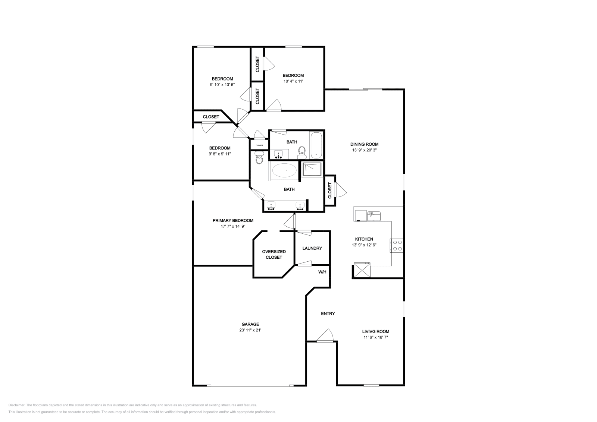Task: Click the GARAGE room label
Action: click(250, 324)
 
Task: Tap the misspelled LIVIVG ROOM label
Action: click(375, 331)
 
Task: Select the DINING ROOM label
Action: click(364, 144)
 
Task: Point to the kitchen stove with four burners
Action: click(397, 245)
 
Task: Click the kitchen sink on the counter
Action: click(373, 216)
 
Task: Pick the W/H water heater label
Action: click(322, 272)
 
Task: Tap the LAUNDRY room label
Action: click(312, 248)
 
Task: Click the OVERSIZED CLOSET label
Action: click(274, 254)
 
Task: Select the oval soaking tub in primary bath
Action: click(284, 170)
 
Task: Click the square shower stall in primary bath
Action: click(312, 169)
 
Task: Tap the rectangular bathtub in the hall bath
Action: click(316, 145)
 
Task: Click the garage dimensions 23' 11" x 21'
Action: click(250, 330)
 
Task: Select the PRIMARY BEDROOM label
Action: click(233, 220)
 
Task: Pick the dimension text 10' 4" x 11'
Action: click(293, 81)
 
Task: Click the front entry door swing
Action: click(325, 336)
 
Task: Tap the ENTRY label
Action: click(328, 314)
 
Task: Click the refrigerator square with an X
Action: click(362, 270)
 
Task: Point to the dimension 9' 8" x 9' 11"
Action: click(220, 154)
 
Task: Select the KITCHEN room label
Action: click(364, 239)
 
